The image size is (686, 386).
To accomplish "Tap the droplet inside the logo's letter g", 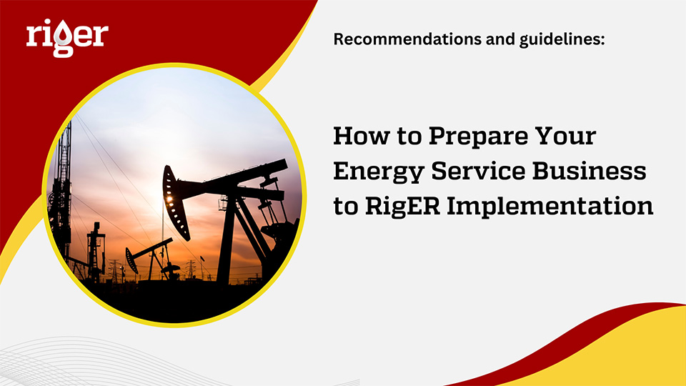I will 64,44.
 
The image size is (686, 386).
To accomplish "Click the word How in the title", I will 359,136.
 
